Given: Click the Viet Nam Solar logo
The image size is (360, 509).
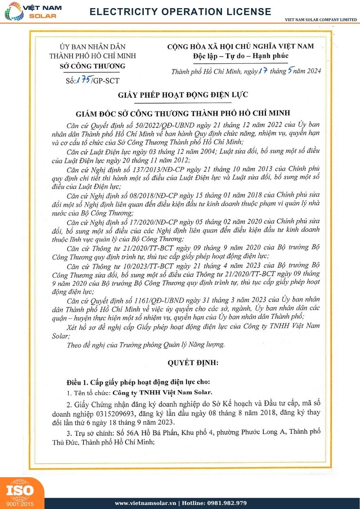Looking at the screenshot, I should (31, 11).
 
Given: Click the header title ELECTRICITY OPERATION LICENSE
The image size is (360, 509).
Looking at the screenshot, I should (180, 12).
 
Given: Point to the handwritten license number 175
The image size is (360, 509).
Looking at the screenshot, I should (84, 80).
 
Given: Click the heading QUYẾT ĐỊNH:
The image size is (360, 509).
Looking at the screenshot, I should (193, 362).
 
